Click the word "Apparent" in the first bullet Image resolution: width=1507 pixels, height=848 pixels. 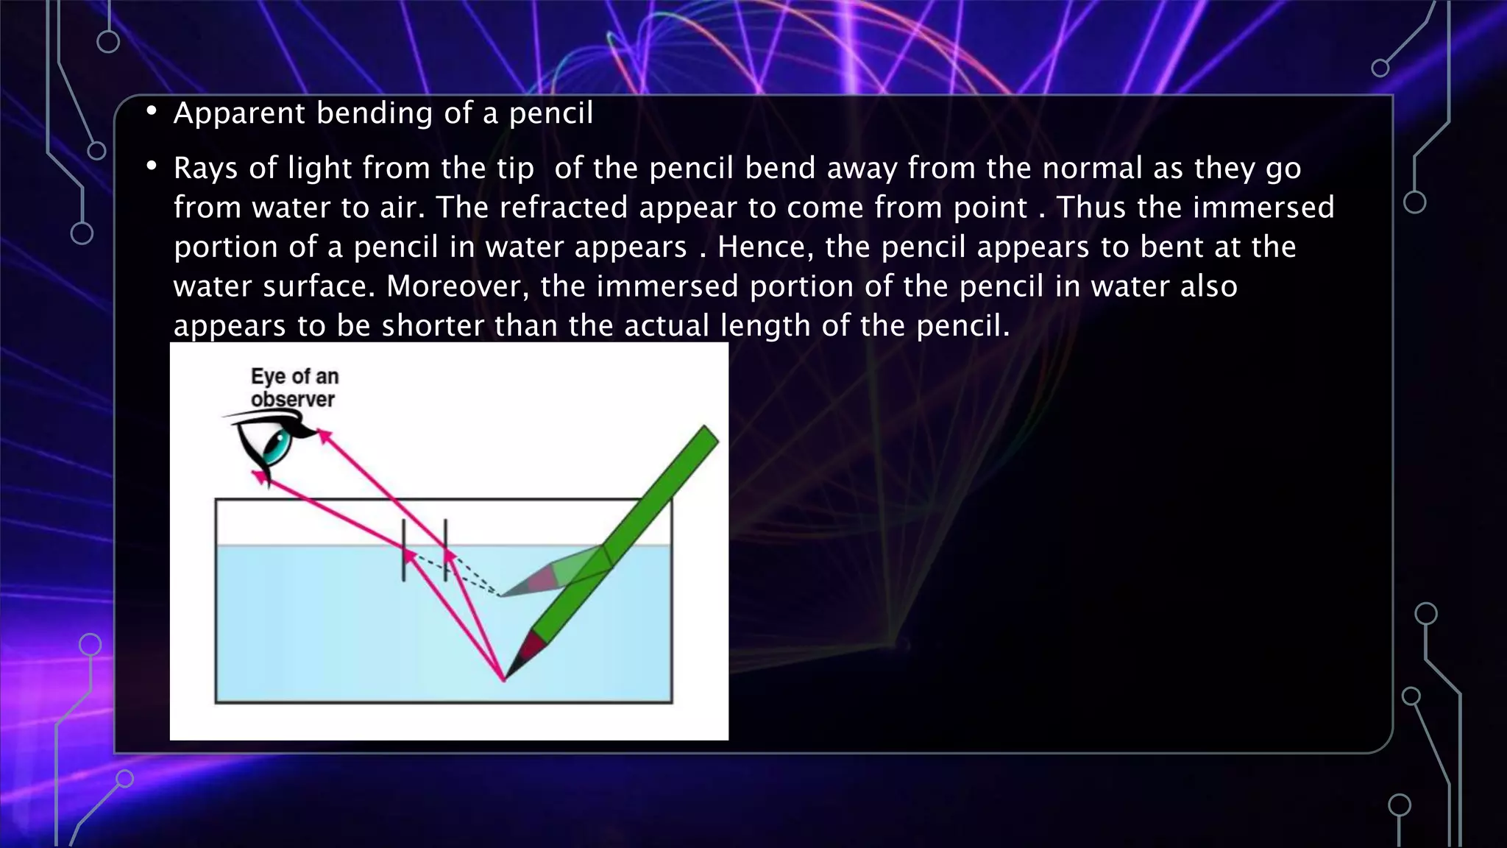point(239,113)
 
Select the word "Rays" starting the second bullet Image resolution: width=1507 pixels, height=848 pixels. point(205,169)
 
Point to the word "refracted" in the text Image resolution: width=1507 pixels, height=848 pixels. point(563,208)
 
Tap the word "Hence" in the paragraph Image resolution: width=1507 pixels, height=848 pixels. point(765,247)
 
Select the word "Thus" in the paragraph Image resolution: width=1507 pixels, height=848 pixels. point(1091,208)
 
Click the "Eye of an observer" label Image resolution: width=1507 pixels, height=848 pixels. point(294,388)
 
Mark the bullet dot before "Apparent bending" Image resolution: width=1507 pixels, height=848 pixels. point(152,112)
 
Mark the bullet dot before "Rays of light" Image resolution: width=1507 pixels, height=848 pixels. point(152,167)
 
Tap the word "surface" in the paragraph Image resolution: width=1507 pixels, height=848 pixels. point(319,286)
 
